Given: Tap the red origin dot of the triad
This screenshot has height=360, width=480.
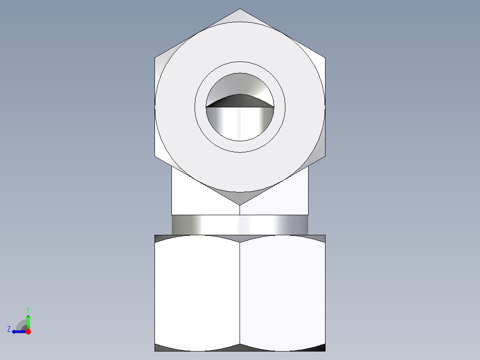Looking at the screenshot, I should (x=28, y=331).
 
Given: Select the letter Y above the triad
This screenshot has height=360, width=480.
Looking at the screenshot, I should (x=28, y=309).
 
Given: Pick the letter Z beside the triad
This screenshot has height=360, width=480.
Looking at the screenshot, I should (x=9, y=329).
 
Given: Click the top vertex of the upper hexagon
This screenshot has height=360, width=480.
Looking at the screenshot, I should (x=240, y=9).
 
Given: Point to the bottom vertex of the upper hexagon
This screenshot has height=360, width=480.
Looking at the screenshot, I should (x=240, y=205).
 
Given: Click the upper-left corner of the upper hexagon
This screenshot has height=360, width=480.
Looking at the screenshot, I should (x=155, y=57).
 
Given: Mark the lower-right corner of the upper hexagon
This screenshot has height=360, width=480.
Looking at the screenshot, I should (x=325, y=157).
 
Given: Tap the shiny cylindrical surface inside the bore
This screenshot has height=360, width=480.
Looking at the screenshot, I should (x=240, y=123).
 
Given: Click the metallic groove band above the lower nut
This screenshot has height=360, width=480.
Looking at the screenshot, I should (x=240, y=225).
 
